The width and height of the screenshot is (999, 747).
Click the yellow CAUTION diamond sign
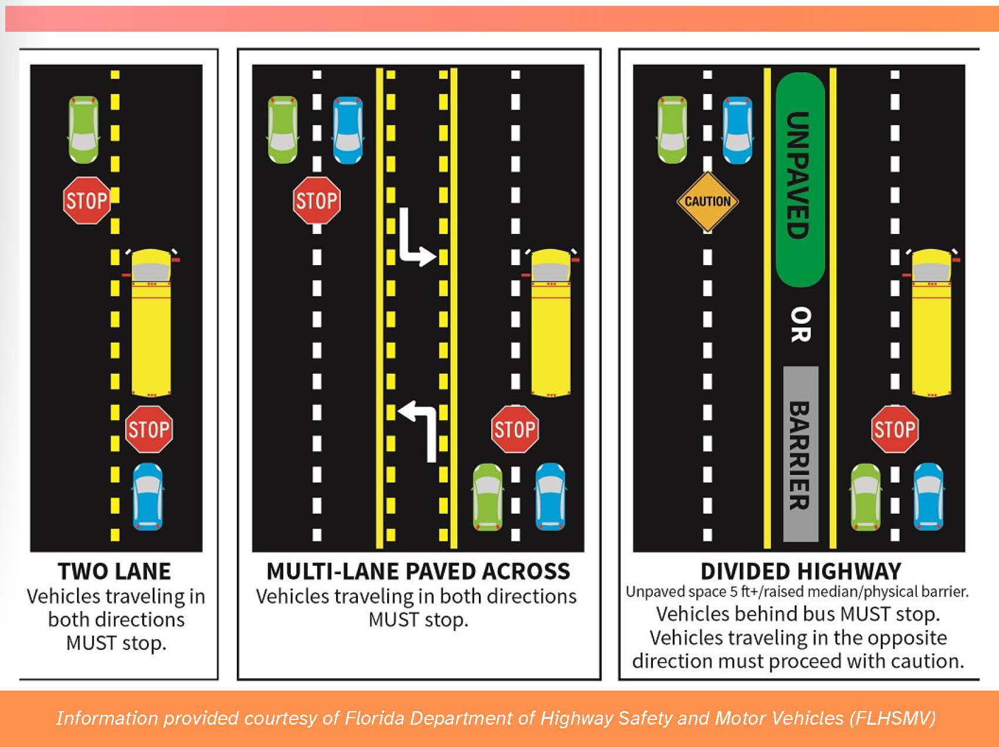708,201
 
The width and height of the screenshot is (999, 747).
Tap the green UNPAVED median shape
800,179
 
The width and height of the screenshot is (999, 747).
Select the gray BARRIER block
800,454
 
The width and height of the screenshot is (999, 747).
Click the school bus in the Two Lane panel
151,322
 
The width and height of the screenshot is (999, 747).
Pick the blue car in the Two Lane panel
147,497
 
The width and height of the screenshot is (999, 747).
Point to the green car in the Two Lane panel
83,130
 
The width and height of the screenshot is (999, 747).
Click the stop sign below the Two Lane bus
149,429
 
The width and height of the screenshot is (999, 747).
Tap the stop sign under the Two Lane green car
86,200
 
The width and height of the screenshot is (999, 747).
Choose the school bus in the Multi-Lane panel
551,322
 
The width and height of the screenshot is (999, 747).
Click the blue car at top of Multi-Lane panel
348,130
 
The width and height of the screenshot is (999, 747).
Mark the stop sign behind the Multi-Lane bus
515,429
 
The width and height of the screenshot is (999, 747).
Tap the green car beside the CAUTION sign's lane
672,130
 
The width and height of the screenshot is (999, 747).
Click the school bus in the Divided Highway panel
931,322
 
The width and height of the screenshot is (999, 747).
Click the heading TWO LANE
115,571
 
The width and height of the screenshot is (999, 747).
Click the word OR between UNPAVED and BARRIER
800,324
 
